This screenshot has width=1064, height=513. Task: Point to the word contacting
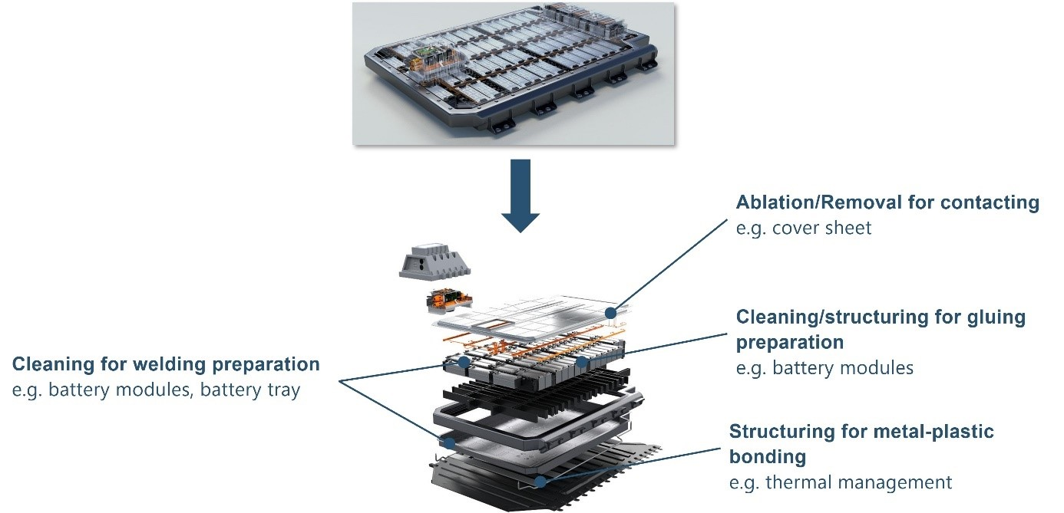pos(994,202)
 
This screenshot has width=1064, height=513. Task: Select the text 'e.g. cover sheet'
pos(803,228)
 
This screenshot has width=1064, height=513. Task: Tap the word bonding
pos(767,457)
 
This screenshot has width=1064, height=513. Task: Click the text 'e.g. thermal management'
pos(840,482)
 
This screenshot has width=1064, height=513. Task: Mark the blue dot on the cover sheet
pos(610,312)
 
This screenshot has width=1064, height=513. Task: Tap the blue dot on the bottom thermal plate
pos(540,482)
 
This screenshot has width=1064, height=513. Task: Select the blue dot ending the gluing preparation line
pos(581,360)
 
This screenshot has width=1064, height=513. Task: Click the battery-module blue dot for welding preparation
pos(464,360)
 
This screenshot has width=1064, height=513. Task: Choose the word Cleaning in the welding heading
pos(45,363)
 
